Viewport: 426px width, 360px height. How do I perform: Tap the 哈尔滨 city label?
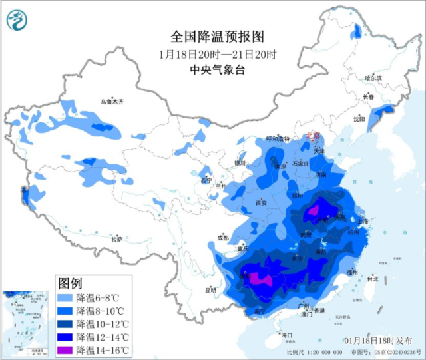pos(373,78)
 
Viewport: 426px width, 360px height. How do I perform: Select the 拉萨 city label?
pos(117,239)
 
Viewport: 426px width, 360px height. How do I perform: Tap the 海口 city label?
pos(287,335)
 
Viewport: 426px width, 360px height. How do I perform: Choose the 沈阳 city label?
pos(360,119)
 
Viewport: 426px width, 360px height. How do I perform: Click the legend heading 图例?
pos(71,282)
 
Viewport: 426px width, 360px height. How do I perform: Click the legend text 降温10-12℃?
pos(102,323)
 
